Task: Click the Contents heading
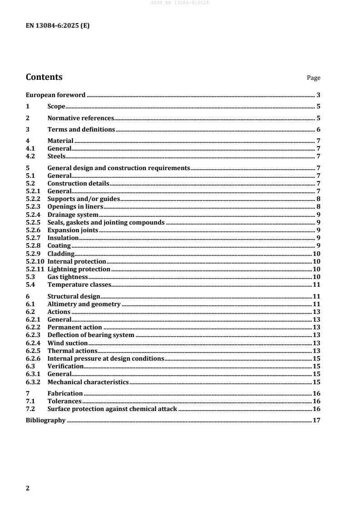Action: pos(44,77)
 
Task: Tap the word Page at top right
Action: pos(313,78)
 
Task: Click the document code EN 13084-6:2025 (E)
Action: pos(58,26)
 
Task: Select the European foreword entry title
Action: pos(55,95)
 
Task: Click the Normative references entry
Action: pos(81,118)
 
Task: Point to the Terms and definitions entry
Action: pos(81,129)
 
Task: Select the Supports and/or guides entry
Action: pos(83,199)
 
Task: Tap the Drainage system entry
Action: pos(73,215)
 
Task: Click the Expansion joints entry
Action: pos(73,230)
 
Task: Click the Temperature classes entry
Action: pos(79,284)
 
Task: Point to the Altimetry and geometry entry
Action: pos(84,304)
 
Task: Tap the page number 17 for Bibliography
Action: pos(317,421)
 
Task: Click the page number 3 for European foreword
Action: pos(319,95)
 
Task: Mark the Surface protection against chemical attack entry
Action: pos(112,409)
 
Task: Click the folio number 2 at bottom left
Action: pos(28,488)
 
